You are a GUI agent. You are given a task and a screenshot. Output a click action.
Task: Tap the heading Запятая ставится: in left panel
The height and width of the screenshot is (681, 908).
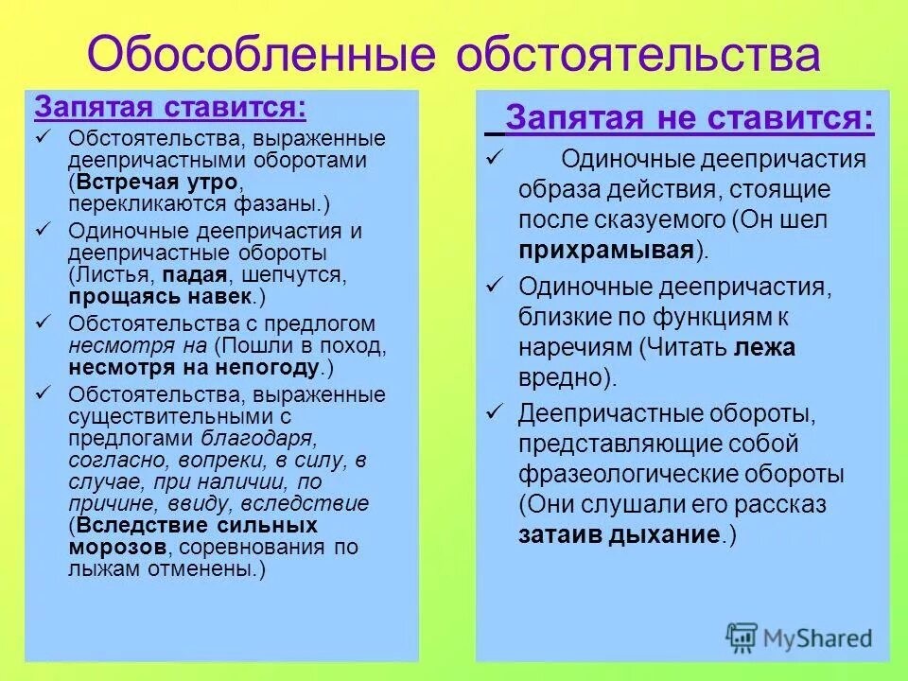(x=170, y=106)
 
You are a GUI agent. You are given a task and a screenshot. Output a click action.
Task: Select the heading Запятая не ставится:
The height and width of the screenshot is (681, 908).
(x=689, y=119)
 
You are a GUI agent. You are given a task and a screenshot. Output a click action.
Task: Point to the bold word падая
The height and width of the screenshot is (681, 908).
(x=195, y=275)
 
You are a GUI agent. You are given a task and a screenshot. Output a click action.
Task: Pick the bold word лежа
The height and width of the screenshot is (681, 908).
(x=764, y=347)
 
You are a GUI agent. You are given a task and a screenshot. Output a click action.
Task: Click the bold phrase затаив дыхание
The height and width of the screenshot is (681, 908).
(x=619, y=534)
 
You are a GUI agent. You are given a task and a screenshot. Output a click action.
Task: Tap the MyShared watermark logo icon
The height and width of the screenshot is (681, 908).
(x=742, y=637)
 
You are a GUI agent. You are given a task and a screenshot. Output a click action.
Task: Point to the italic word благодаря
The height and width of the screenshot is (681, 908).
(x=258, y=438)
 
